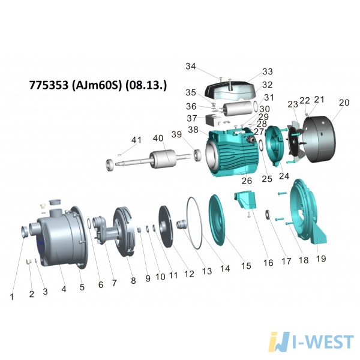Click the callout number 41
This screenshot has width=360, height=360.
click(136, 140)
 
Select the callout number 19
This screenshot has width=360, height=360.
click(321, 259)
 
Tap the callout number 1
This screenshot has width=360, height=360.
click(12, 297)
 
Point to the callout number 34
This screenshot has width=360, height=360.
click(191, 67)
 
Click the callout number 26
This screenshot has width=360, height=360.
click(247, 181)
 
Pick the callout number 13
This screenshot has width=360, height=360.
click(206, 271)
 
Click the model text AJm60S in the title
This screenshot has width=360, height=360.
click(96, 85)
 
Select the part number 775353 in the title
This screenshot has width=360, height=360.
click(49, 85)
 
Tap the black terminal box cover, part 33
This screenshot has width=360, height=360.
click(230, 90)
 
